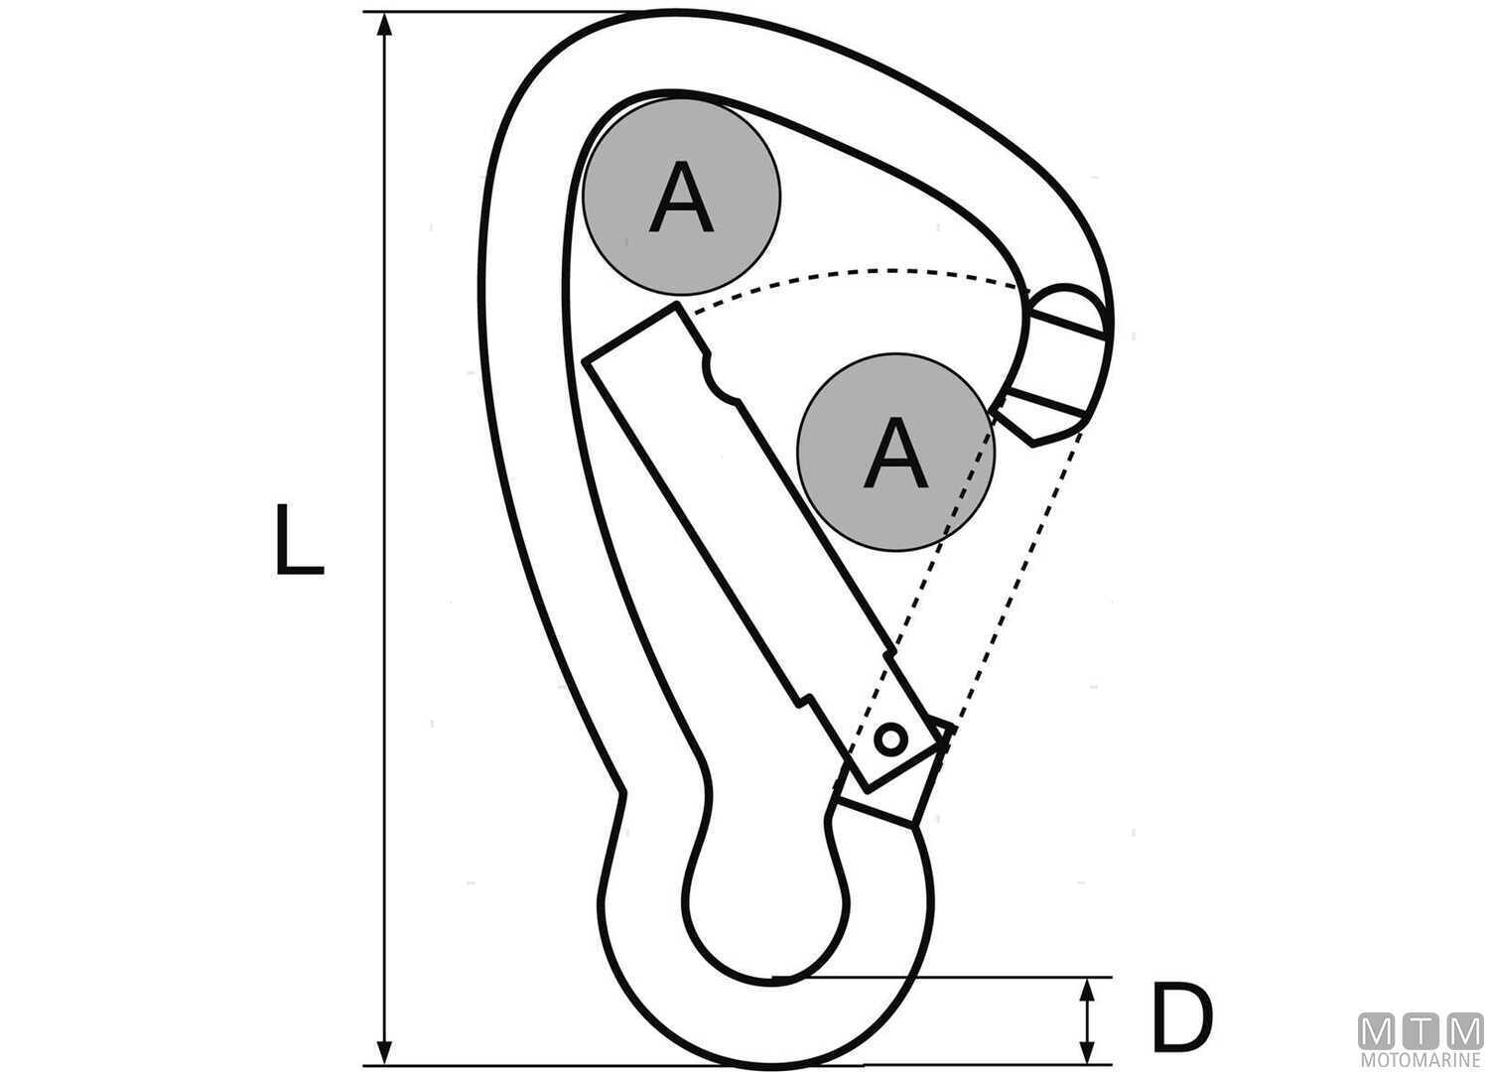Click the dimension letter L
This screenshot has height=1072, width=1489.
(x=298, y=541)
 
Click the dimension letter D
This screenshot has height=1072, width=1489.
(x=1181, y=1018)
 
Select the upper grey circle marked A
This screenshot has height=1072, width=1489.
(x=681, y=198)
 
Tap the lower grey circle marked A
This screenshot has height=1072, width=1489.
(x=896, y=453)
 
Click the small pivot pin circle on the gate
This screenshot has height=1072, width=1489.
(x=890, y=739)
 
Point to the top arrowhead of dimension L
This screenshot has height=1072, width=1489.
(x=385, y=25)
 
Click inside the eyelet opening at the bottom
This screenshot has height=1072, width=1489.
(x=764, y=893)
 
